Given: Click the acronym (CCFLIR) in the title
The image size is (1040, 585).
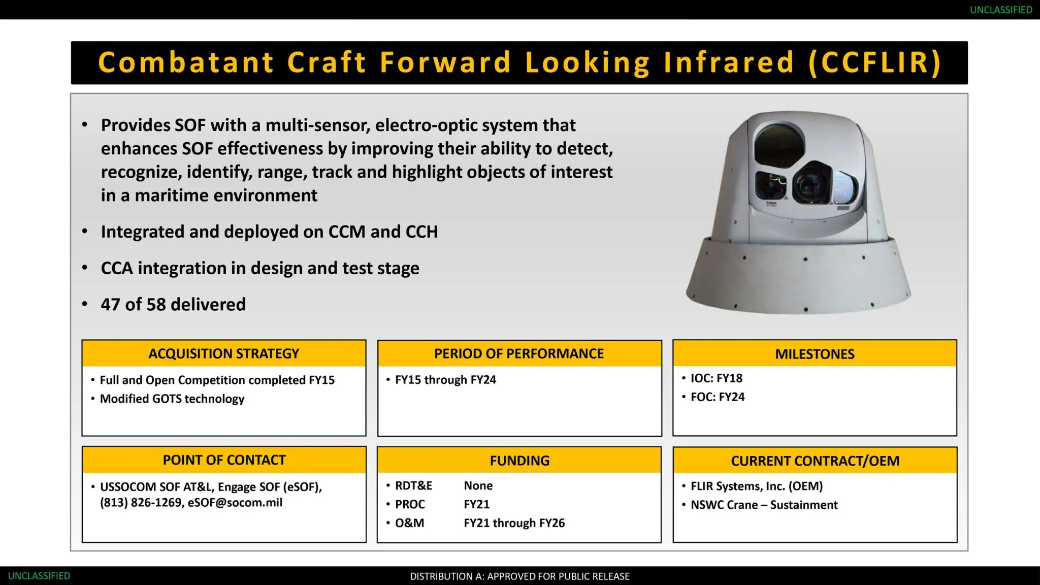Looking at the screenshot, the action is point(875,62).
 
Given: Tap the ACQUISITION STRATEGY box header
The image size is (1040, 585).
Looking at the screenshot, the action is point(224,353).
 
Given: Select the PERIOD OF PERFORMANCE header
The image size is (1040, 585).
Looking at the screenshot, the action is point(519,353).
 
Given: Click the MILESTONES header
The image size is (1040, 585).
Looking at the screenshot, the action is point(815,353).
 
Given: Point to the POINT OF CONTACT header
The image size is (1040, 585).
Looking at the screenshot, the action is point(224,460).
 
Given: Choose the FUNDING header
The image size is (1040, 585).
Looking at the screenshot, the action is point(519,460).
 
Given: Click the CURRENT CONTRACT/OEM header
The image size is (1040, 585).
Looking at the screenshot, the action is point(815,461).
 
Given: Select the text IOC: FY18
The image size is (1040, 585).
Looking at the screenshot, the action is point(716,378).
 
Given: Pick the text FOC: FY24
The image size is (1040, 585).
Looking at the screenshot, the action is point(718,397).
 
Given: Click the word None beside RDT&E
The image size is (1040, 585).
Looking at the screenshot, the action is point(478,486).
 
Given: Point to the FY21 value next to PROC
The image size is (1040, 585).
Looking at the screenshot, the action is point(476,504).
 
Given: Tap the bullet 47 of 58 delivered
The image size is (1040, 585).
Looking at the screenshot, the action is point(173,304).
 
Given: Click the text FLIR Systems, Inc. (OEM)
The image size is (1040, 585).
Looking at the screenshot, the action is point(757,486).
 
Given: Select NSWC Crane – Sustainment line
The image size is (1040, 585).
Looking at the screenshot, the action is point(764,505).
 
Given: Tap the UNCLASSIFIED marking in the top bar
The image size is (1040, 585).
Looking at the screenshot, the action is point(1000,10).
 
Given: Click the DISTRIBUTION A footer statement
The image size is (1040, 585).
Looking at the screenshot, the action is point(519,576).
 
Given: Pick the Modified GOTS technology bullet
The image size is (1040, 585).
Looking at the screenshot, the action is point(172,399).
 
